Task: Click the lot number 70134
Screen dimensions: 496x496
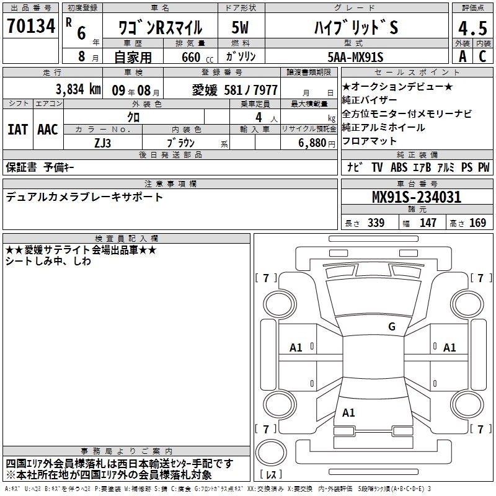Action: click(x=31, y=25)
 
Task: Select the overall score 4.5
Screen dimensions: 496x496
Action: click(x=473, y=28)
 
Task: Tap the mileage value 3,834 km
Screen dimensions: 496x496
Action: click(x=78, y=89)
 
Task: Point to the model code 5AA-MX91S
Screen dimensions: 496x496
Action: click(x=355, y=57)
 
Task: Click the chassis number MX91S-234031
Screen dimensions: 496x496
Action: click(x=417, y=197)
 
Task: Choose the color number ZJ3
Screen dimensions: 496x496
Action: click(x=103, y=143)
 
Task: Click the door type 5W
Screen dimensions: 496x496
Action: click(x=240, y=27)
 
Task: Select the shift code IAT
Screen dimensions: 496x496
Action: click(x=18, y=130)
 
